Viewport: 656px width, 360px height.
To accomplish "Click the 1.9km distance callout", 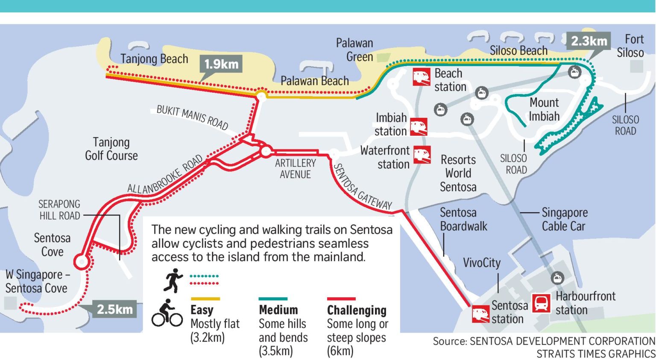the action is pos(221,64).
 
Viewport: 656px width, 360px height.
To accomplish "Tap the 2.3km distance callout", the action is pos(589,41).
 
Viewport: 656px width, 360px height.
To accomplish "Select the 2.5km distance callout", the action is pos(114,309).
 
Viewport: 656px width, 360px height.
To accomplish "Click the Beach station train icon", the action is pos(421,77).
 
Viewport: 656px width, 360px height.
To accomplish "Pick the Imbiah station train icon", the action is pos(419,127).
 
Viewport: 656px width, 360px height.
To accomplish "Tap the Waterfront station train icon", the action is pos(422,155).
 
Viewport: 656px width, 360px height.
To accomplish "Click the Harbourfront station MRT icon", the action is pos(541,303).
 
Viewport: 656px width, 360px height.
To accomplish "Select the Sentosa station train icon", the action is pos(480,314).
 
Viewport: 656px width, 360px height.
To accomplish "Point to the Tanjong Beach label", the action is pos(154,59).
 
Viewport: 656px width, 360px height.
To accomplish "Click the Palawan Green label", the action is pos(354,50).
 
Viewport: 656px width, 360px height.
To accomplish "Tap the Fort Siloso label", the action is pos(630,46).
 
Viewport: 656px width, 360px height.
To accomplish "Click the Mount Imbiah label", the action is pos(544,109).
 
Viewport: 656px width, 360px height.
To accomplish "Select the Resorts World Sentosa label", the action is pos(458,173).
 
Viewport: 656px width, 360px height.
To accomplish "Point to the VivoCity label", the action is pos(481,263).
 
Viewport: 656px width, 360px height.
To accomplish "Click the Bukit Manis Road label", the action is pos(192,117).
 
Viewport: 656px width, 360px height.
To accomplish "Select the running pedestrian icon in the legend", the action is pos(173,280).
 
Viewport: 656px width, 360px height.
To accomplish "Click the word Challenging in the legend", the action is pos(357,310).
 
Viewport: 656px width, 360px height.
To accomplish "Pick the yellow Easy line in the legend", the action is pos(205,299).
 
